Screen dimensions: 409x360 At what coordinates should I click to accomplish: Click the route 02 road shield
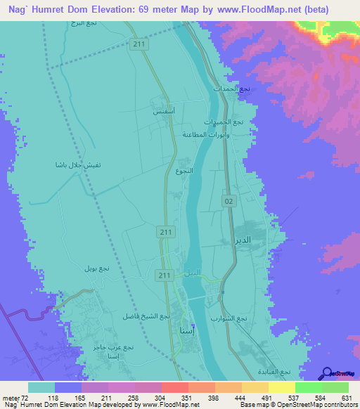pos(228,201)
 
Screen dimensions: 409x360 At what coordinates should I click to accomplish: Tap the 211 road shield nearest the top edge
pos(139,44)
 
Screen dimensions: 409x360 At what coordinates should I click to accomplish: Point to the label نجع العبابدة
pos(275,371)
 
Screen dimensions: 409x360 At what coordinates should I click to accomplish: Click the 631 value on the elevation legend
pos(345,398)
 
